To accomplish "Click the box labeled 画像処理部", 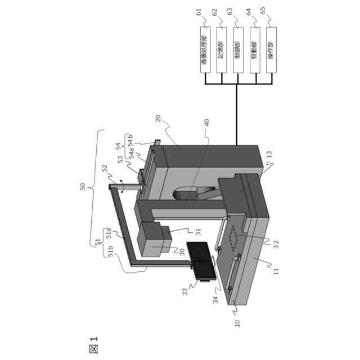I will click(206, 52).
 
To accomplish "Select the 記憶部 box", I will click(223, 52).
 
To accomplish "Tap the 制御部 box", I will click(240, 52).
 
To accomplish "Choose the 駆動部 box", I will click(256, 52).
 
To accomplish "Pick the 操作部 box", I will click(273, 52).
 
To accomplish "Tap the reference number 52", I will click(104, 168).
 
